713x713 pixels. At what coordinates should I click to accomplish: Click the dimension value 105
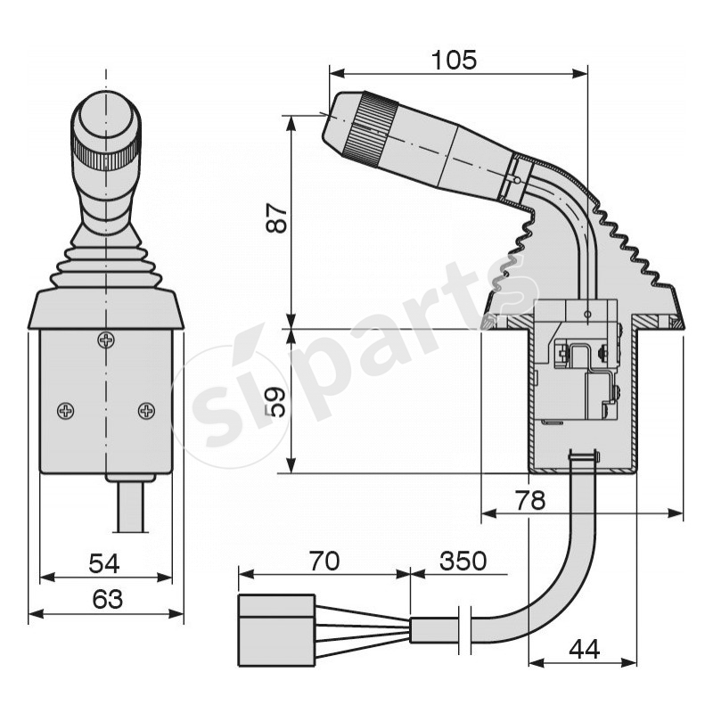click(x=455, y=60)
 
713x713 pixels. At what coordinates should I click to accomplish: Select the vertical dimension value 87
click(x=278, y=218)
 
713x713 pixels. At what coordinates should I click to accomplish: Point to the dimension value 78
click(x=530, y=500)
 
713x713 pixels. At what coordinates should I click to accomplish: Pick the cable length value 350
click(x=463, y=561)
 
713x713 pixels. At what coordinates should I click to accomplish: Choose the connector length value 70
click(x=324, y=561)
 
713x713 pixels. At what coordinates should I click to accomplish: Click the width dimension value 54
click(x=106, y=563)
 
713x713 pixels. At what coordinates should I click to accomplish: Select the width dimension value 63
click(x=106, y=600)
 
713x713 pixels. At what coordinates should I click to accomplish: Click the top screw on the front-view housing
click(x=106, y=340)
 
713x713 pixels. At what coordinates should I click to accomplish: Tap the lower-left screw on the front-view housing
click(x=66, y=410)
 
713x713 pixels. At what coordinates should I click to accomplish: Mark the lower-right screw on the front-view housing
click(x=146, y=410)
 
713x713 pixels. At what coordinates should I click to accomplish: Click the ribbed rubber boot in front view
click(x=105, y=267)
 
